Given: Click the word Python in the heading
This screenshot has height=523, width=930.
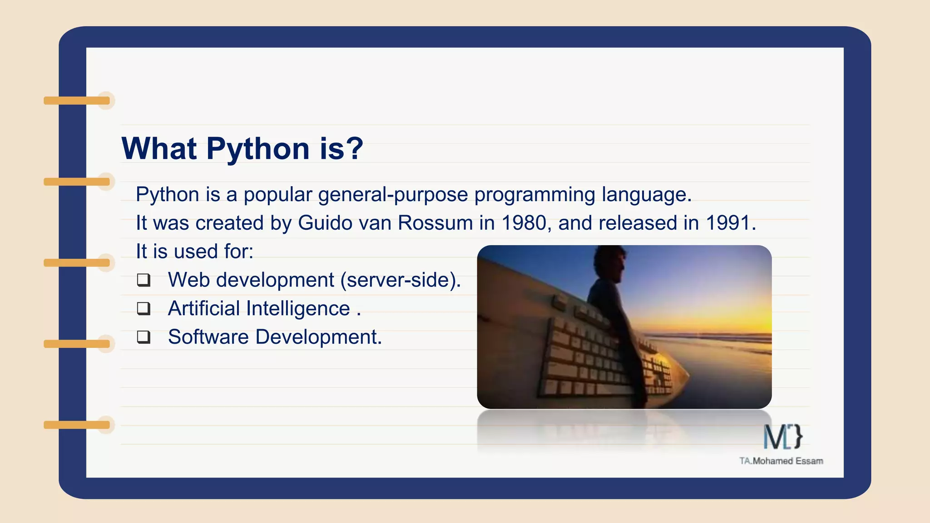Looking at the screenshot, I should point(258,149).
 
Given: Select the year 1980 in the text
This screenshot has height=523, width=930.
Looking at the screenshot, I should point(523,223).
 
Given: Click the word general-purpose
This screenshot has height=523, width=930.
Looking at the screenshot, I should point(393,195).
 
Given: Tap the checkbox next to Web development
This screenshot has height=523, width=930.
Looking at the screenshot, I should point(143,280).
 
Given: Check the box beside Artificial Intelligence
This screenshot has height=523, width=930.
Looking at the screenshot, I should point(143,309).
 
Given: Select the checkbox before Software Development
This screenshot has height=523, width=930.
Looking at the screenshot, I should point(143,337).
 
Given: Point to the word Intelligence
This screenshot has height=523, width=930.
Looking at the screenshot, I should point(298,309).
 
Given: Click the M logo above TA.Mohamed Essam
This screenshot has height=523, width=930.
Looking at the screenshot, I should point(782,437).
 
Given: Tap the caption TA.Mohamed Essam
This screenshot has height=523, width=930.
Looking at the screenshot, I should point(781,461).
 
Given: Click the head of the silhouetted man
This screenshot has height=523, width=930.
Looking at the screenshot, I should point(610,263).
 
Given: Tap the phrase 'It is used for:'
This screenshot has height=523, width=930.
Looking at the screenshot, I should point(194,252).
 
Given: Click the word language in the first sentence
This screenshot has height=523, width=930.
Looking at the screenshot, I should point(646,195).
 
